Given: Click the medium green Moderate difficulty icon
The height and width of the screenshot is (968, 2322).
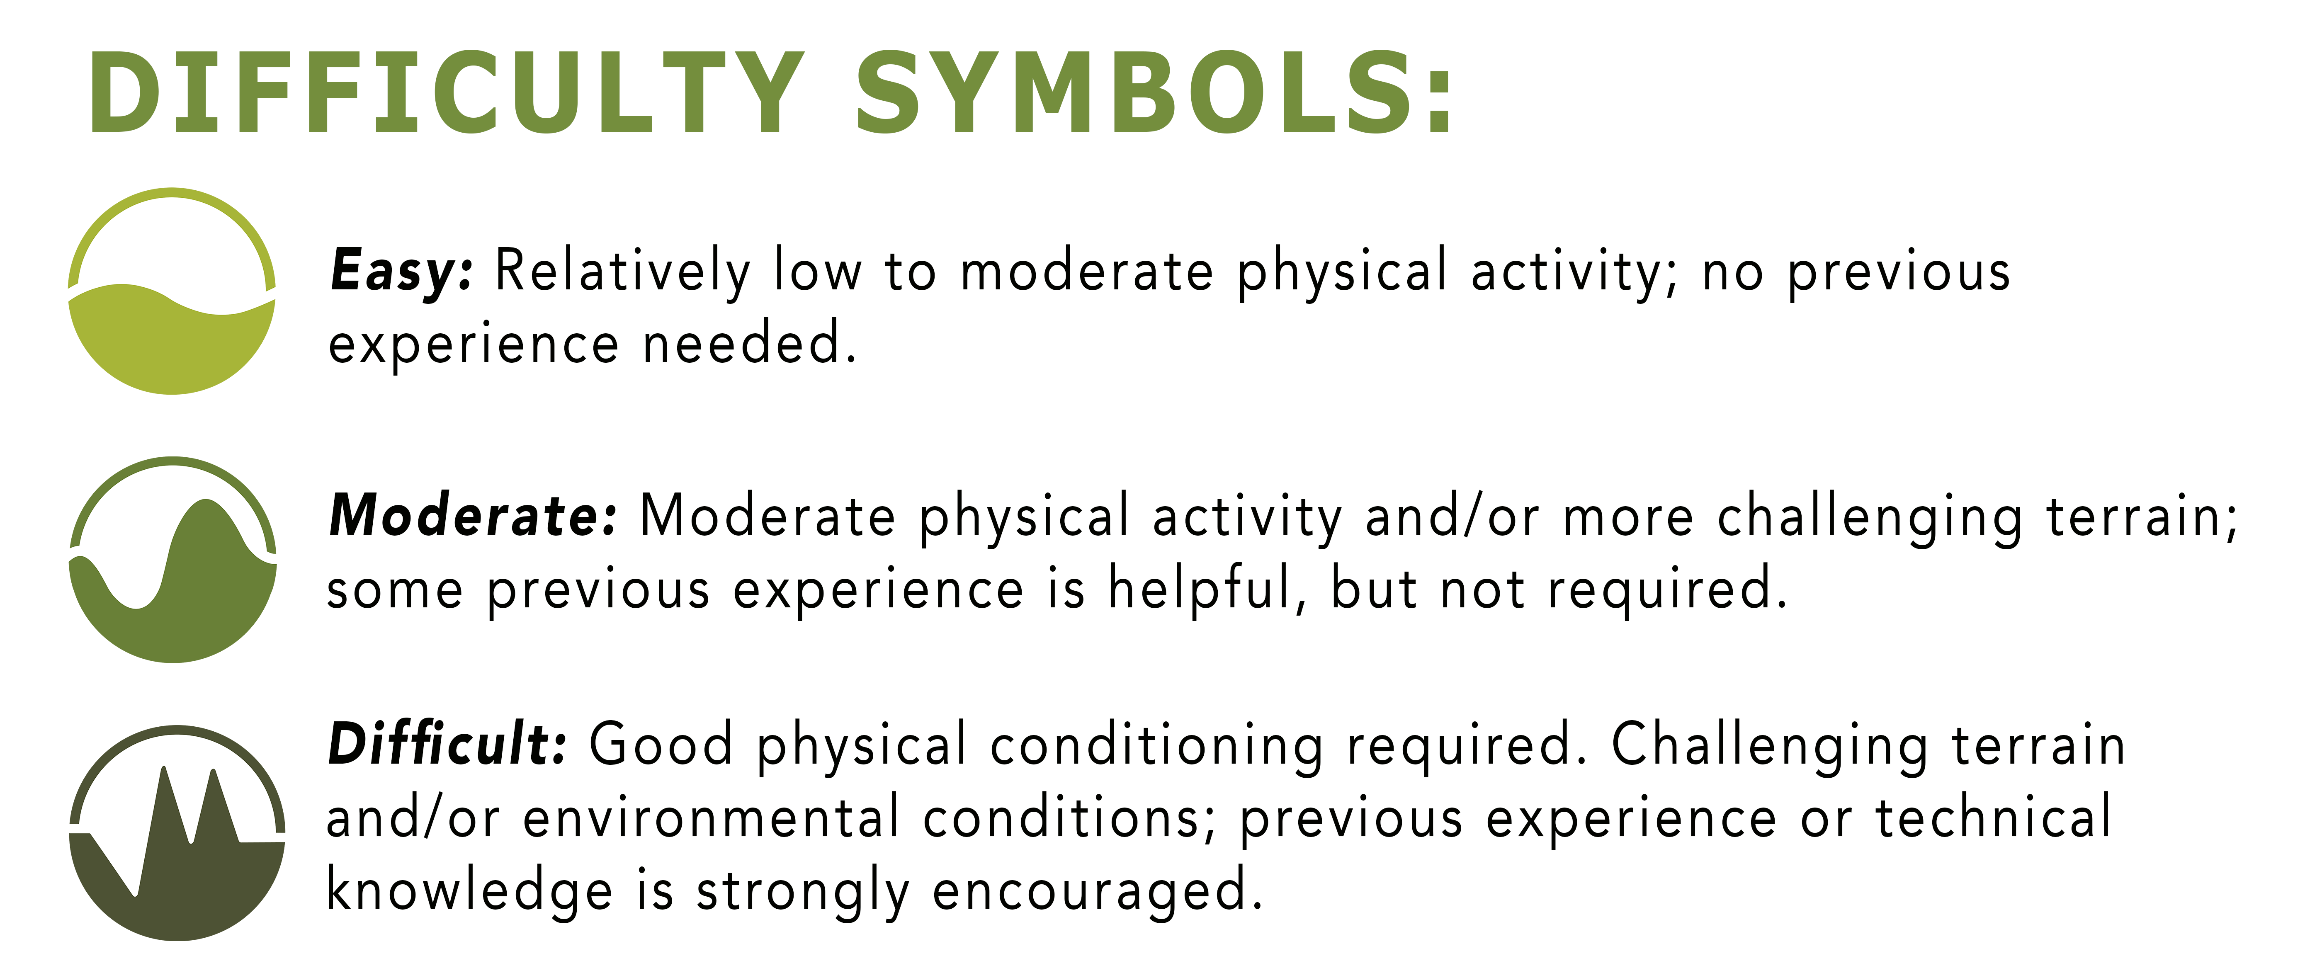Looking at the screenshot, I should click(173, 560).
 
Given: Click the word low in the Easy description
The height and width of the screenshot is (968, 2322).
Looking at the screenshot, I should click(818, 271).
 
